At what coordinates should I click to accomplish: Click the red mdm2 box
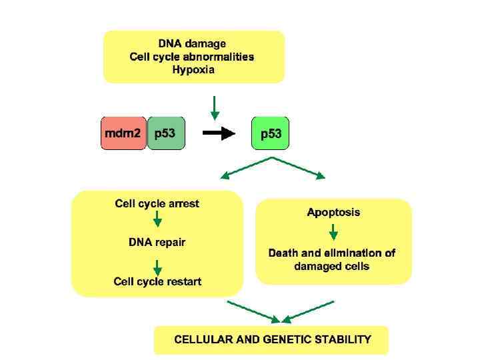(x=123, y=133)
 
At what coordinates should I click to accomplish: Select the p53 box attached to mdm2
(x=165, y=133)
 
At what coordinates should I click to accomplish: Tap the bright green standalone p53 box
(x=271, y=134)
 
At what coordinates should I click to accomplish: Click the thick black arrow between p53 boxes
(x=219, y=133)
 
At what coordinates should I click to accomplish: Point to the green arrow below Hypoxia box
(x=214, y=106)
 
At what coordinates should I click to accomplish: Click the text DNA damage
(x=192, y=44)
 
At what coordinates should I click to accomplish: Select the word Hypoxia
(x=193, y=69)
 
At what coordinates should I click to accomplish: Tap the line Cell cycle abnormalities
(x=192, y=57)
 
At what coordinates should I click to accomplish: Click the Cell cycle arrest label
(x=157, y=203)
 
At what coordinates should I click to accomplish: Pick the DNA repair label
(x=157, y=242)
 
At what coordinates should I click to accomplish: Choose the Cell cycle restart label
(x=157, y=281)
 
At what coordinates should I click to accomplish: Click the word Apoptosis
(x=333, y=213)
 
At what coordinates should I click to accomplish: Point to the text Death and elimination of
(x=332, y=253)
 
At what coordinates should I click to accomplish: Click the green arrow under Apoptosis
(x=333, y=231)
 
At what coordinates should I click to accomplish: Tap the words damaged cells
(x=332, y=266)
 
